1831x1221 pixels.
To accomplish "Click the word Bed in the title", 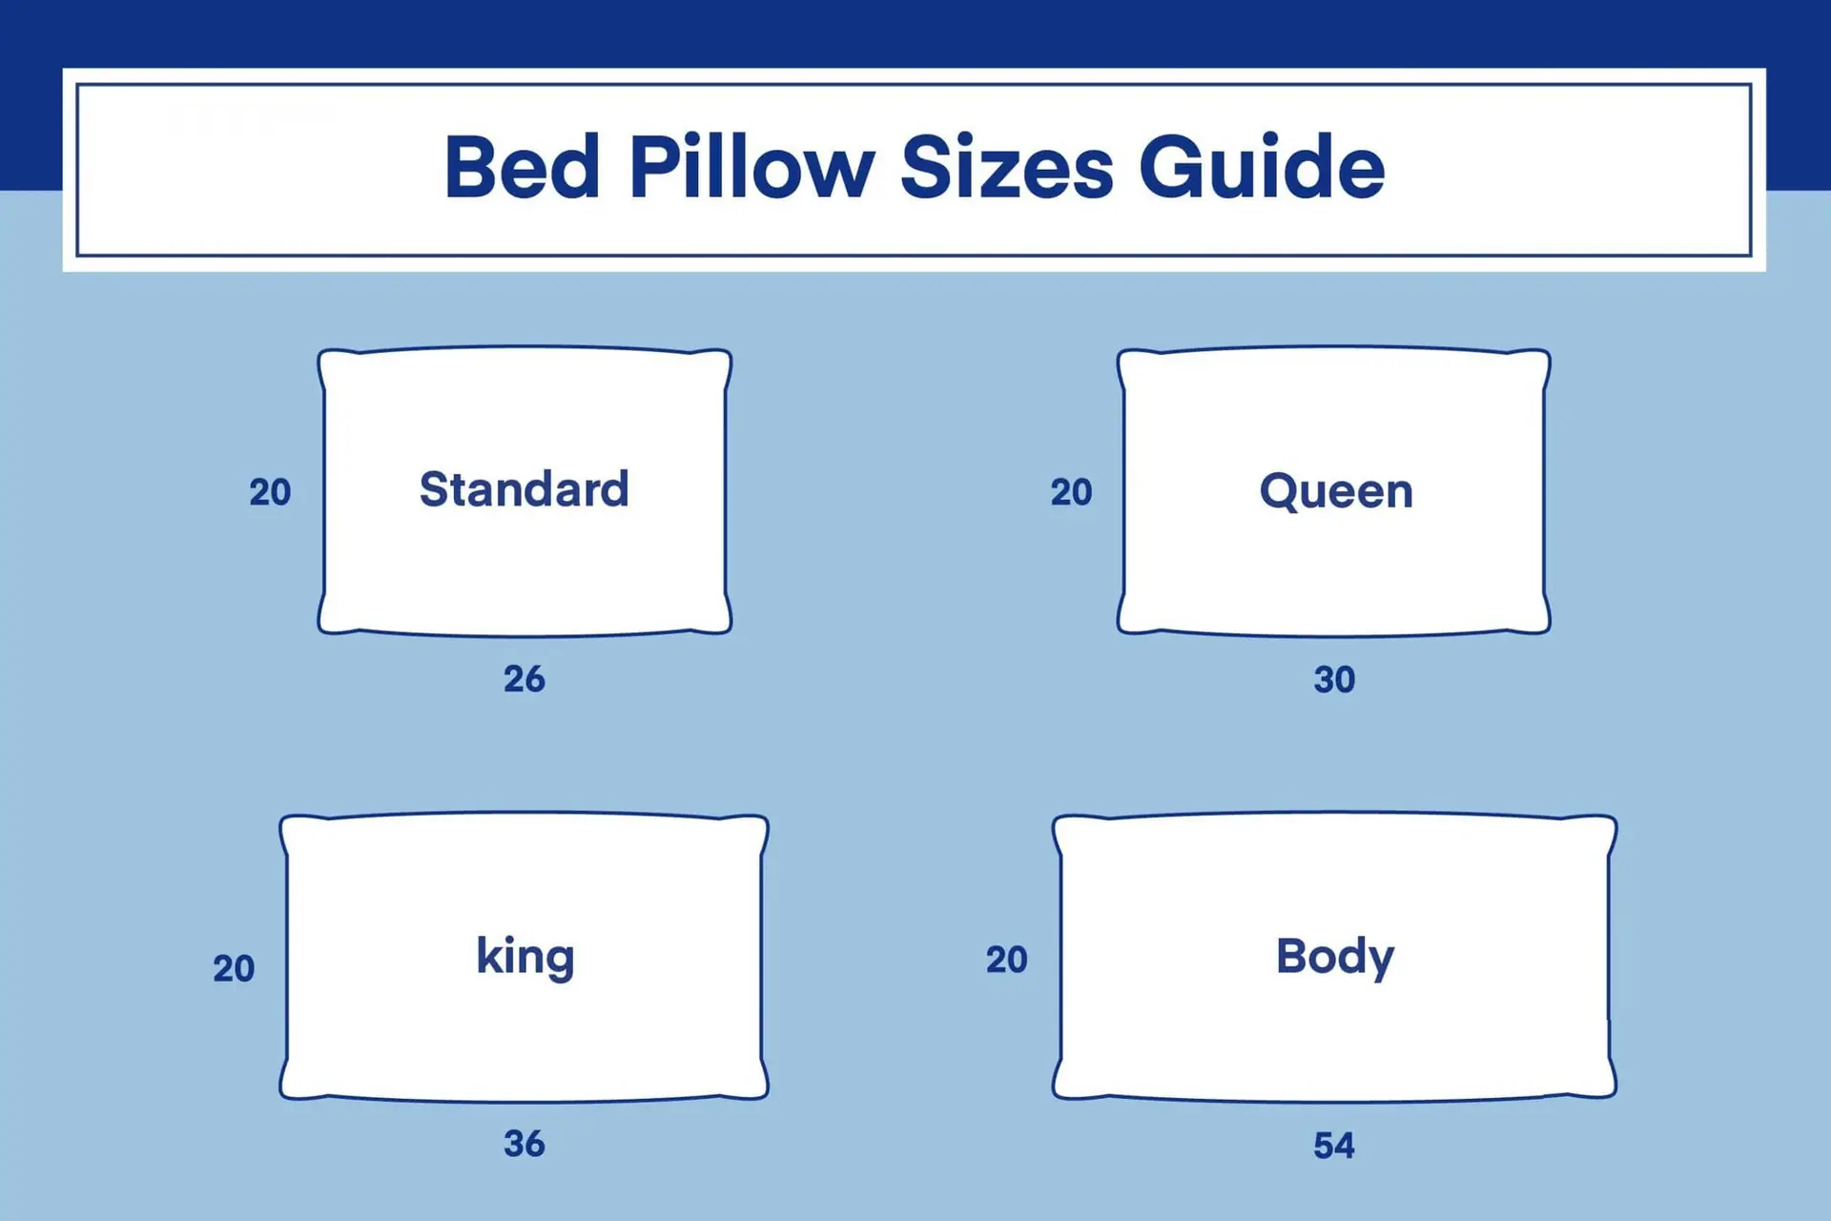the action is point(522,167).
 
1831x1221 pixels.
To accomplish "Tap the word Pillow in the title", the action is point(751,167).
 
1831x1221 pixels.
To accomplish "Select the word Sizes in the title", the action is point(1006,167).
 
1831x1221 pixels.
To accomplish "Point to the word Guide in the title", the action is point(1262,167).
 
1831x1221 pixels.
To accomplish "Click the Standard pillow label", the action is point(524,489).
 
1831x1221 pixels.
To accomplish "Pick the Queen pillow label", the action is point(1335,492).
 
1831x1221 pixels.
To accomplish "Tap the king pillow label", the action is point(525,957).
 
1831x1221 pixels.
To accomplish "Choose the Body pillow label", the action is point(1334,957).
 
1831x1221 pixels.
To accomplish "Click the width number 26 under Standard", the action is point(524,679).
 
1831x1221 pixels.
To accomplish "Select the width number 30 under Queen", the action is point(1334,679).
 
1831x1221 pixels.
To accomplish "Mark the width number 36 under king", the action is point(524,1143).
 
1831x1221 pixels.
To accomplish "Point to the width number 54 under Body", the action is point(1333,1145).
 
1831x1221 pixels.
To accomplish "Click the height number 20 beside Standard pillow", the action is point(270,492).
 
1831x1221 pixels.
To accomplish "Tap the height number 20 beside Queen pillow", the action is point(1071,492).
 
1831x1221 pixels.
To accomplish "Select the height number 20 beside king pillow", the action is point(234,968).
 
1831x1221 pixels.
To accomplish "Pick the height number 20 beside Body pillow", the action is point(1006,960).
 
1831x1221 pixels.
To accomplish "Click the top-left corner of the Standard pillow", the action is point(320,352).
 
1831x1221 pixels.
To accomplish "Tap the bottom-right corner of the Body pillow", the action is point(1615,1096).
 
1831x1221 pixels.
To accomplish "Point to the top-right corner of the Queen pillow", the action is point(1548,352).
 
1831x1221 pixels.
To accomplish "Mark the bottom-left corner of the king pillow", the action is point(282,1096).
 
